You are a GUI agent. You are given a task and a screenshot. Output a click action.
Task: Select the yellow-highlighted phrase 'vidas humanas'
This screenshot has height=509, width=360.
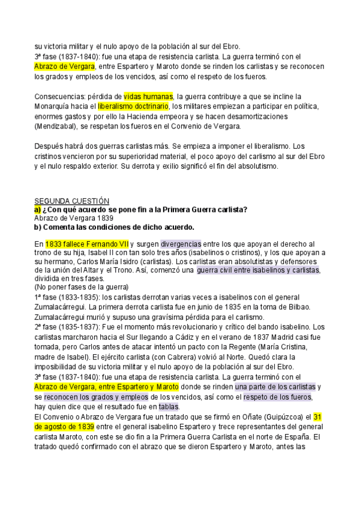tap(148, 96)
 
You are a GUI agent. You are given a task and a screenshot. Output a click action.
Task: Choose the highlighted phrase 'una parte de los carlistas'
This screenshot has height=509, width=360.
tap(275, 388)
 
